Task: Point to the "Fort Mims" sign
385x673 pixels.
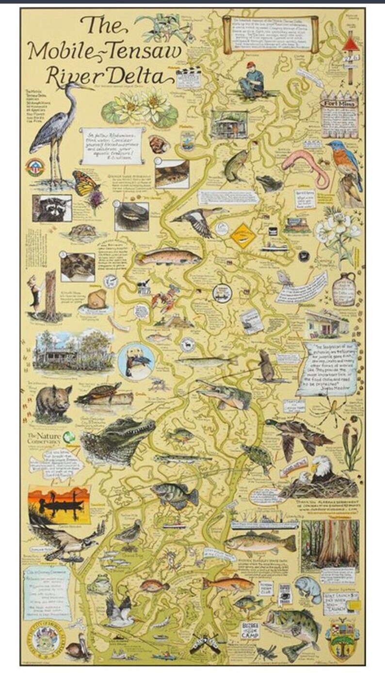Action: [x=339, y=103]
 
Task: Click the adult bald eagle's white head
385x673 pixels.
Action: [x=320, y=465]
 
